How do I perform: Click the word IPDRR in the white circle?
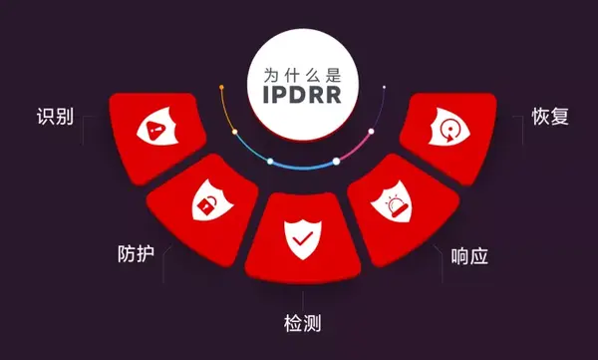tap(300, 96)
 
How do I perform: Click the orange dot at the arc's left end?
tap(220, 87)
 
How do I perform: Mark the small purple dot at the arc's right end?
tap(384, 87)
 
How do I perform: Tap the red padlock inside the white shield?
tap(205, 207)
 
